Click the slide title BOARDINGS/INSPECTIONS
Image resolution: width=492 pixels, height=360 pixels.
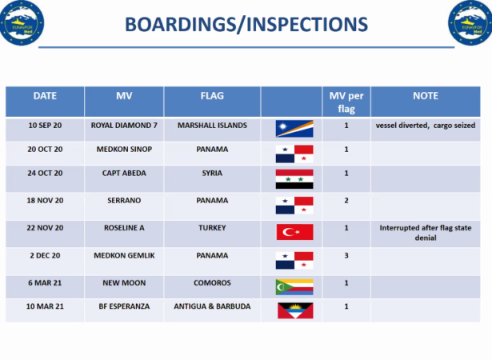[x=246, y=25]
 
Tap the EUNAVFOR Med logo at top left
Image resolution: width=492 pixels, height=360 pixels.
[x=22, y=22]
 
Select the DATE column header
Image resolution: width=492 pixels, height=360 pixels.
[x=45, y=96]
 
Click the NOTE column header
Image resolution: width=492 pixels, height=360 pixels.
[x=426, y=96]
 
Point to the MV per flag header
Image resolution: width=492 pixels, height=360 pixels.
[x=346, y=102]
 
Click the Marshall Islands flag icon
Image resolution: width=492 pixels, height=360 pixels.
[x=294, y=129]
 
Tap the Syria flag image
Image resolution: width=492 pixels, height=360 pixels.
[x=294, y=179]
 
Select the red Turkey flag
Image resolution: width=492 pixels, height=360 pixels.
[x=294, y=232]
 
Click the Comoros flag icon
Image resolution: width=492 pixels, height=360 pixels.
[x=294, y=287]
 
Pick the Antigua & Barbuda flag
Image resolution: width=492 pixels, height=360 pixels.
[x=295, y=310]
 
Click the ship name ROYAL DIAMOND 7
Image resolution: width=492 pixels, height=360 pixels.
[x=124, y=126]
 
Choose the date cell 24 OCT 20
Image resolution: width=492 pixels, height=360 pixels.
[x=45, y=173]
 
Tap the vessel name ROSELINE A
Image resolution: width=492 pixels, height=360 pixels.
[x=124, y=227]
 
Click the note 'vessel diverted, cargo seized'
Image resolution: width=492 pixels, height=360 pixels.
[x=426, y=126]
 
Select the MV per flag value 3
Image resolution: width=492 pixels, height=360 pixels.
[x=346, y=255]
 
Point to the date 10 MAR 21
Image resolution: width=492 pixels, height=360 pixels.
[x=45, y=306]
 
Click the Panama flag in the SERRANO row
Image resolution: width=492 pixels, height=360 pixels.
[x=294, y=206]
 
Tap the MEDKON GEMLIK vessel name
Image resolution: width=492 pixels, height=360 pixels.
[x=124, y=255]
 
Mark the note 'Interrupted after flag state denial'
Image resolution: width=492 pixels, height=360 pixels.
[x=426, y=233]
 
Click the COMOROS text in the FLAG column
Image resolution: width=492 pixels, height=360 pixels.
[x=212, y=282]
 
